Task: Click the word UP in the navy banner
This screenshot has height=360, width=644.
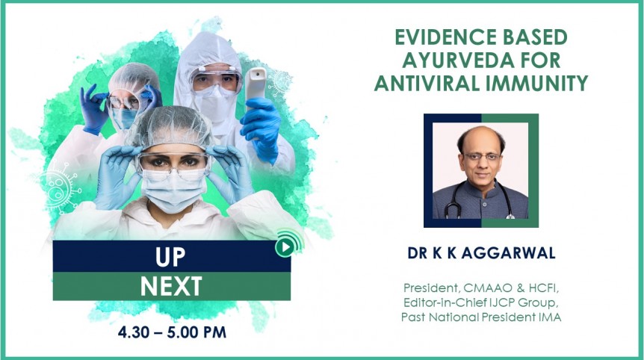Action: coord(170,257)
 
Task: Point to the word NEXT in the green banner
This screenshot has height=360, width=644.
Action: coord(171,286)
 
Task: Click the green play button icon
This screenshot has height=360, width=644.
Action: coord(285,246)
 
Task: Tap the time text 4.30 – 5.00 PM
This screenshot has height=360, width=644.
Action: coord(172,332)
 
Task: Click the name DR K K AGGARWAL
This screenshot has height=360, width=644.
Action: coord(481,253)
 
